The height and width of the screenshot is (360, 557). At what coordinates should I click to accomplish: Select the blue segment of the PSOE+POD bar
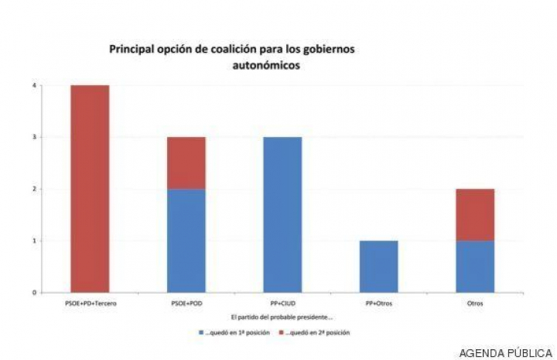tap(186, 240)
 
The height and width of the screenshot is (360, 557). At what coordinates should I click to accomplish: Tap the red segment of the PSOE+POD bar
tap(186, 163)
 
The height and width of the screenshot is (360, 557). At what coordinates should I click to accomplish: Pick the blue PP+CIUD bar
tap(282, 214)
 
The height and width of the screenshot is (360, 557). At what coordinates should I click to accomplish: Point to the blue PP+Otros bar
tap(378, 266)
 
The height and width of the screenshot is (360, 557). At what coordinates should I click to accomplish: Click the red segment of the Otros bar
tap(475, 214)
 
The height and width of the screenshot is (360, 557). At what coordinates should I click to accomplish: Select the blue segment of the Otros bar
tap(475, 266)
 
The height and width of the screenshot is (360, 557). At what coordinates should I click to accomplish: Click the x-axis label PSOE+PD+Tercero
tap(90, 303)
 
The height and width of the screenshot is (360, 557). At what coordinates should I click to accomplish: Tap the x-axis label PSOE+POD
tap(186, 303)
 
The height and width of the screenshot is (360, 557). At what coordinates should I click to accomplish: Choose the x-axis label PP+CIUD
tap(282, 303)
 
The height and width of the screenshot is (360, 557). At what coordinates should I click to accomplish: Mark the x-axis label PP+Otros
tap(378, 303)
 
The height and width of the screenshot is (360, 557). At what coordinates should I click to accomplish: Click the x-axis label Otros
tap(475, 303)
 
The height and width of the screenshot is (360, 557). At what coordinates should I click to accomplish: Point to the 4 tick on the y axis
tap(35, 85)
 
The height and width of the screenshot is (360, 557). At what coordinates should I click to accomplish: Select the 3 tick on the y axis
tap(35, 137)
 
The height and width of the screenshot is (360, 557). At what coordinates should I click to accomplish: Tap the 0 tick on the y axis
tap(35, 293)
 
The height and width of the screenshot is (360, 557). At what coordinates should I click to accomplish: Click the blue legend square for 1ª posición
tap(201, 332)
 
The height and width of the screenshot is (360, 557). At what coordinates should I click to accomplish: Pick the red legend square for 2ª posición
tap(282, 332)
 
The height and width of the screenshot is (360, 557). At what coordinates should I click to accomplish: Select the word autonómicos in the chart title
tap(265, 66)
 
